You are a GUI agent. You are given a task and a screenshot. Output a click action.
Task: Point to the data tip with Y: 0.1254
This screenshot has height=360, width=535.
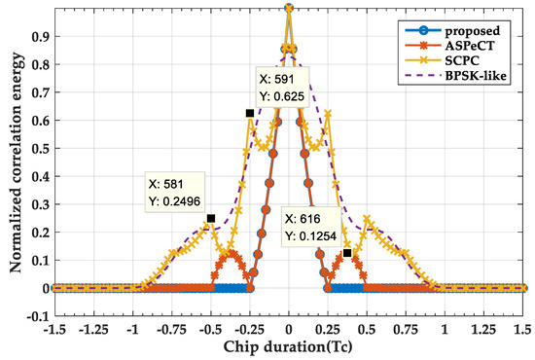[310, 227]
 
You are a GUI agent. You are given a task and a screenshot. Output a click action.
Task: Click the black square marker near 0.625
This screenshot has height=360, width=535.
[250, 114]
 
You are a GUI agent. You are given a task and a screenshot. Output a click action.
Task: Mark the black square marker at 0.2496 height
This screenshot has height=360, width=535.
[210, 218]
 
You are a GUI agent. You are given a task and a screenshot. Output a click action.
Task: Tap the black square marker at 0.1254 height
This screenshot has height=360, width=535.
[347, 253]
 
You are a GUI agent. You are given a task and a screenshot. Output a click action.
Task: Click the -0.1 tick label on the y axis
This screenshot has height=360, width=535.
[34, 316]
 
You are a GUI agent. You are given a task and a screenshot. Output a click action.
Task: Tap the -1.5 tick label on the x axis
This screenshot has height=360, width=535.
[54, 330]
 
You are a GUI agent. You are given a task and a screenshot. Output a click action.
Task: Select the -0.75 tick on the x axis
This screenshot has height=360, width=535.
[171, 330]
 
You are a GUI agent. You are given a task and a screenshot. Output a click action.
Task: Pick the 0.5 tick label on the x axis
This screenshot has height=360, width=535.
[367, 330]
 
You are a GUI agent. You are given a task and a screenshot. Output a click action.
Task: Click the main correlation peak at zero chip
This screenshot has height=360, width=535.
[289, 8]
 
